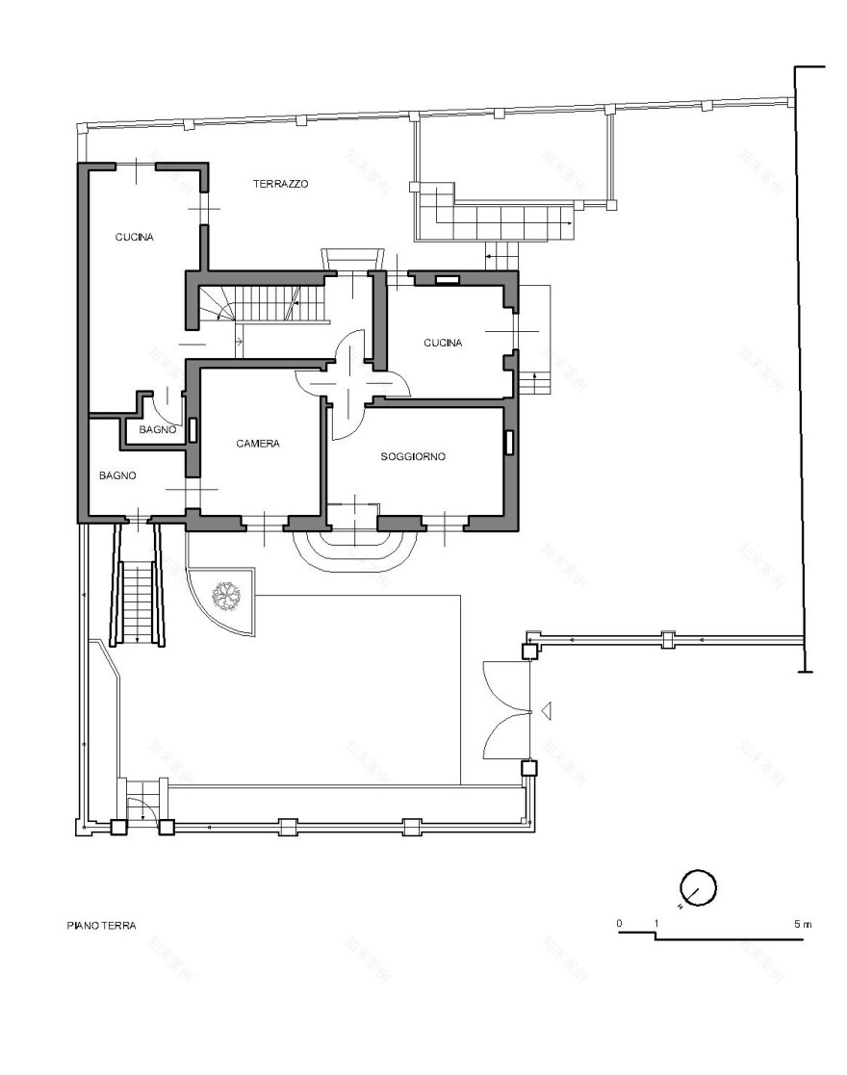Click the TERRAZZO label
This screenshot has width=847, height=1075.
tap(280, 183)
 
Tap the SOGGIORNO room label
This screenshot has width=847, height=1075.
tap(413, 457)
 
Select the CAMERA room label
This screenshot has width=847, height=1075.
tap(258, 444)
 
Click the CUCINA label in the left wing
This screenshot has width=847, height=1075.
tap(134, 237)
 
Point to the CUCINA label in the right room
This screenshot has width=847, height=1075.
tap(443, 343)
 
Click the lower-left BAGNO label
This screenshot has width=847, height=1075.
tap(117, 475)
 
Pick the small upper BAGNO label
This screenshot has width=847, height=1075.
tap(157, 430)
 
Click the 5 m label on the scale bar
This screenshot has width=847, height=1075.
tap(803, 924)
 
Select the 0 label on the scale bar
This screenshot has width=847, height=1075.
tap(619, 924)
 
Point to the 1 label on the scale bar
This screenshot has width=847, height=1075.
tap(656, 924)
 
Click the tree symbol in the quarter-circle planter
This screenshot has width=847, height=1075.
tap(227, 597)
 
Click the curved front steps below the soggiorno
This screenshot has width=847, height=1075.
tap(353, 550)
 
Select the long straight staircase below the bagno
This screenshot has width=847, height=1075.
tap(139, 601)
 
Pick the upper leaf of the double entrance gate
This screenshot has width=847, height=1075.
tap(505, 684)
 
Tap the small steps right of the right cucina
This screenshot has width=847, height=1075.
tap(535, 381)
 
